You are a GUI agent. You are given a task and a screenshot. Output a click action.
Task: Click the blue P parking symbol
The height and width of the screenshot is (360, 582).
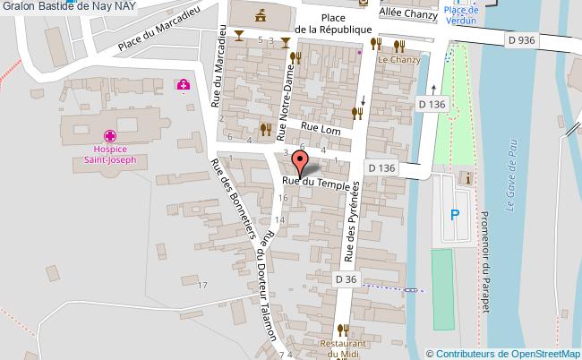(455, 214)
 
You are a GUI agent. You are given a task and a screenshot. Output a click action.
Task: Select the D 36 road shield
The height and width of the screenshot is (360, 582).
(346, 280)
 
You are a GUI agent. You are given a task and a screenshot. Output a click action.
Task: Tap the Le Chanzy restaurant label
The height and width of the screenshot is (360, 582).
(398, 60)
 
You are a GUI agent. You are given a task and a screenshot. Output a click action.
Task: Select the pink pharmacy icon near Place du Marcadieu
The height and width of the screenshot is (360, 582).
(183, 85)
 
